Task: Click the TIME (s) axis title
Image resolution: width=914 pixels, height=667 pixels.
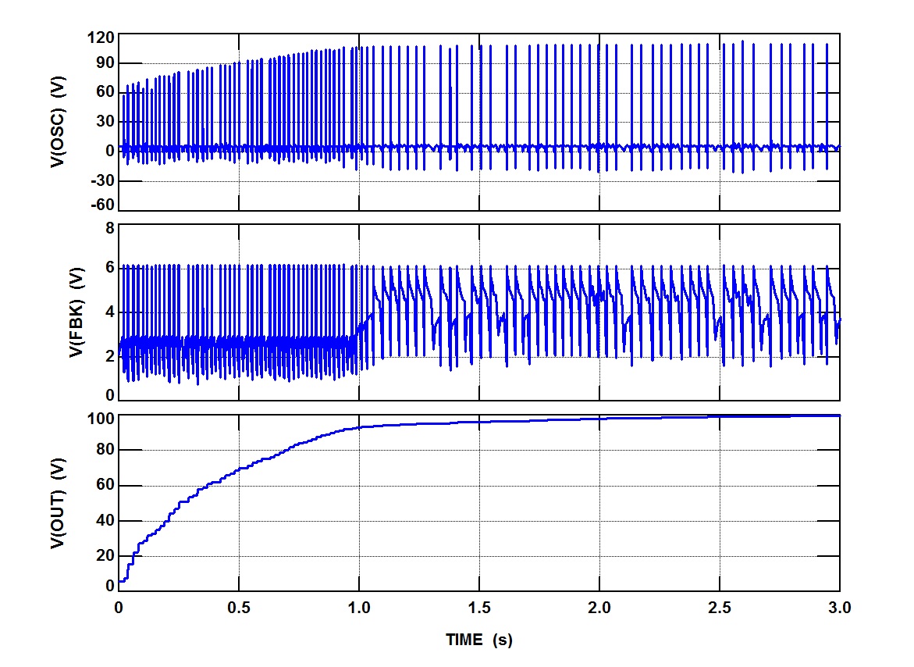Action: (479, 640)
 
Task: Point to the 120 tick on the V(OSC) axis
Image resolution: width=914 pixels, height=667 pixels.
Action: (102, 37)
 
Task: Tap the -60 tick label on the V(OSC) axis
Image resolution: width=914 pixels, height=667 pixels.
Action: (102, 205)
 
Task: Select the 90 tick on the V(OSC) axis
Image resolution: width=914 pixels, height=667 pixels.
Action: (105, 63)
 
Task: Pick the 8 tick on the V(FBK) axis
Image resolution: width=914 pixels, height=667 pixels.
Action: (109, 227)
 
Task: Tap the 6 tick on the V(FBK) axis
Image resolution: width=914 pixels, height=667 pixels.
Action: (109, 268)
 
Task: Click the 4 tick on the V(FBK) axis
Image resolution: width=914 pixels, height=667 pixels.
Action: (109, 312)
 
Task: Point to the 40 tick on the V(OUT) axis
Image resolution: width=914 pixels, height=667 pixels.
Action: (105, 521)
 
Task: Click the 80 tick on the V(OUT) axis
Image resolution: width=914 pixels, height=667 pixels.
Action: (105, 451)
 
